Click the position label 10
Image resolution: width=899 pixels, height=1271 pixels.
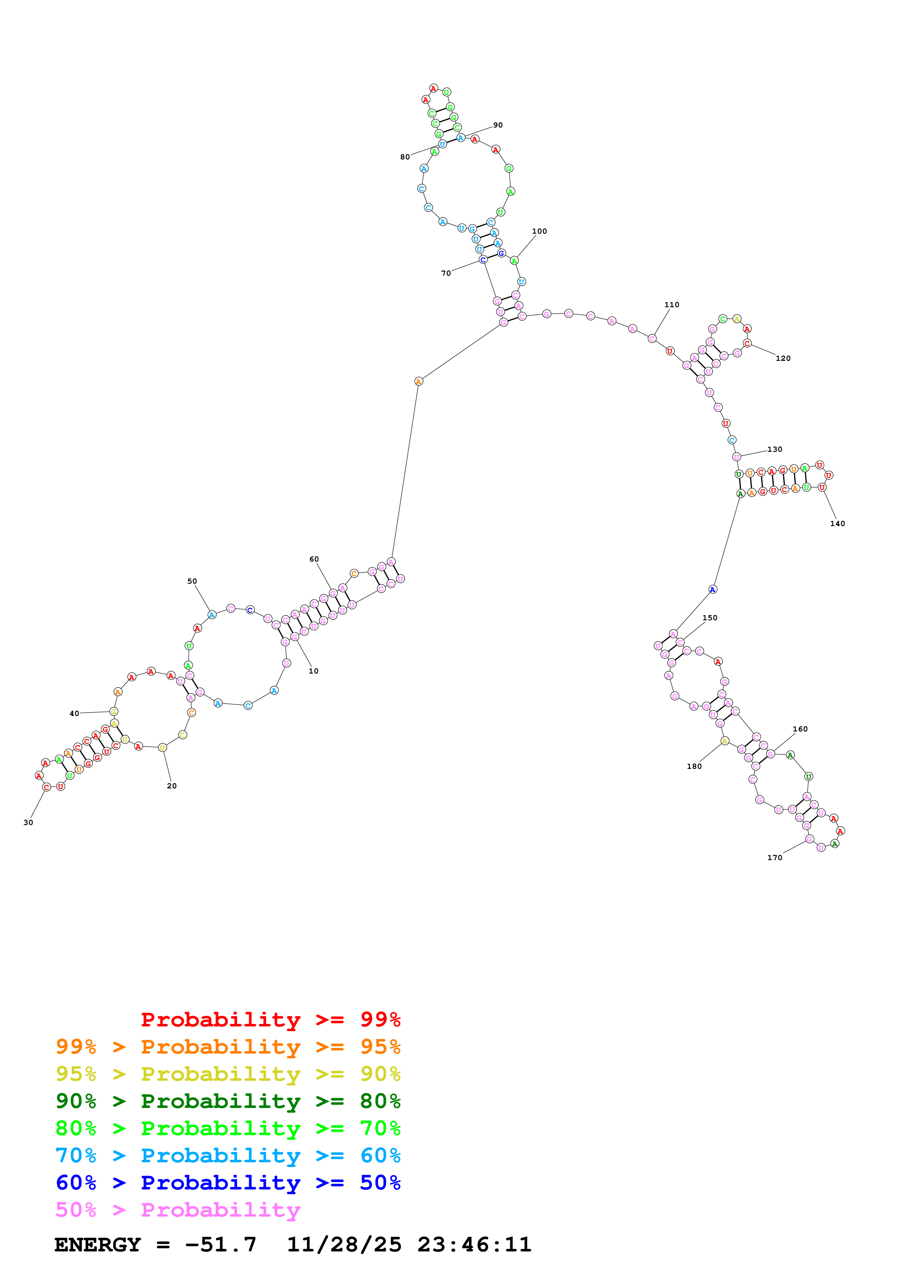coord(314,671)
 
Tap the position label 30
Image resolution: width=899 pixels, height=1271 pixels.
coord(28,822)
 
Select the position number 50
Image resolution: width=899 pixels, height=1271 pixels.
coord(192,581)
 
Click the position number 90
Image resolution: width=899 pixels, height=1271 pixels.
coord(498,125)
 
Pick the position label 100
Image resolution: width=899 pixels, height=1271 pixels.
coord(540,232)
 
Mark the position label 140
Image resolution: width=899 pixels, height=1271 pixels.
coord(837,524)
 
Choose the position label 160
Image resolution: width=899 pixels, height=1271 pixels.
coord(800,729)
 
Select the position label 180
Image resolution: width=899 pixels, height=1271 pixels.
coord(694,766)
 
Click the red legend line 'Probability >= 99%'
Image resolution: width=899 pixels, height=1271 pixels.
coord(271,1019)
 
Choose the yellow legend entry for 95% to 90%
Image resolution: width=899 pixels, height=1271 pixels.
coord(228,1074)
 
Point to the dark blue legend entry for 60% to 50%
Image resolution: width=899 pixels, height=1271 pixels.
coord(228,1183)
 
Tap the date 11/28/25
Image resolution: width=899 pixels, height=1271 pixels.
coord(344,1245)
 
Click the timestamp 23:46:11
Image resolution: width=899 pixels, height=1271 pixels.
coord(474,1245)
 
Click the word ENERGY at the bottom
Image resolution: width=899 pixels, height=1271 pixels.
coord(98,1245)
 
